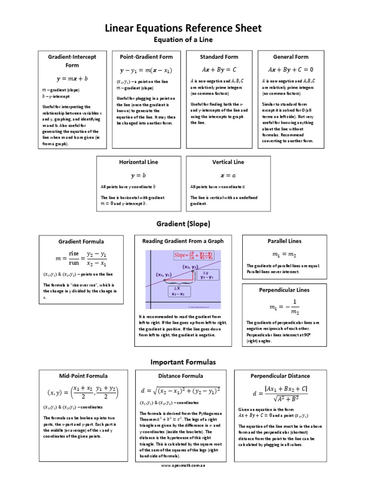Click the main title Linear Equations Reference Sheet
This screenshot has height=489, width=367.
pyautogui.click(x=183, y=28)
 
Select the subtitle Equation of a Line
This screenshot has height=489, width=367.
pyautogui.click(x=183, y=40)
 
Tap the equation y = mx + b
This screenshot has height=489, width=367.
pyautogui.click(x=72, y=78)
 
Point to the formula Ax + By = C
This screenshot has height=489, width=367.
pyautogui.click(x=219, y=70)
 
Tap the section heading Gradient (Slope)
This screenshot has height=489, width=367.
pyautogui.click(x=183, y=223)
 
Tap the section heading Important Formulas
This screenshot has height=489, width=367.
pyautogui.click(x=183, y=362)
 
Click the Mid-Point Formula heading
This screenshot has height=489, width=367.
pyautogui.click(x=83, y=376)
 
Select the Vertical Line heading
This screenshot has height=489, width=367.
pyautogui.click(x=228, y=162)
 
